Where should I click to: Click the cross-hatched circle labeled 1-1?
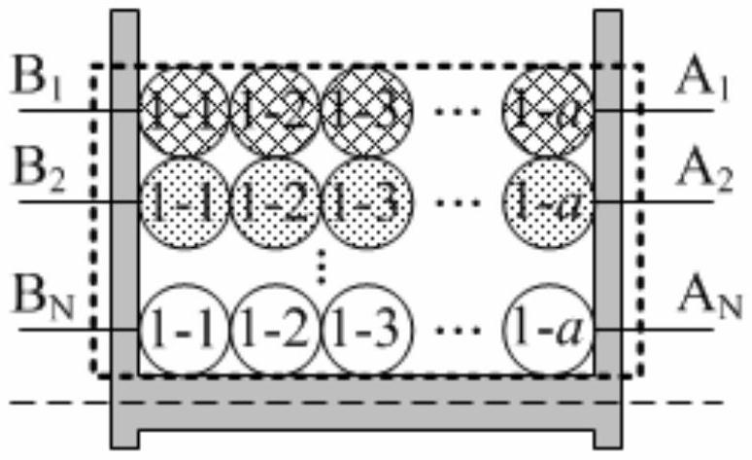coord(184,111)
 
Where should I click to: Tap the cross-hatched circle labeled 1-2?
coord(275,111)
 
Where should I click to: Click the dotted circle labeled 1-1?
coord(184,202)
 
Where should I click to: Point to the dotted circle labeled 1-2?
coord(275,202)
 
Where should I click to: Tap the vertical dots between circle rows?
coord(324,265)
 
